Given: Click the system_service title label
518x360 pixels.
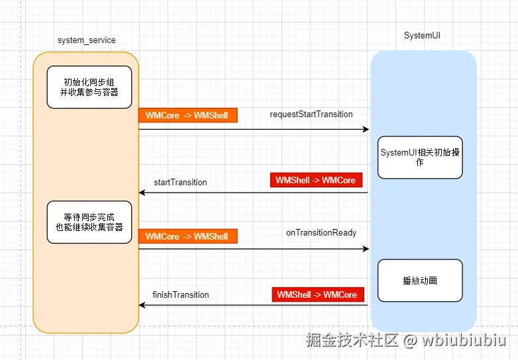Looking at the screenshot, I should coord(86,40).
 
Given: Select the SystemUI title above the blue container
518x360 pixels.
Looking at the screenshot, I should coord(422,35).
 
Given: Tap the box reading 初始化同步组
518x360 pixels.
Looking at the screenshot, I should coord(89,87).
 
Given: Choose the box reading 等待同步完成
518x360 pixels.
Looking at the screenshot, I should coord(89,222).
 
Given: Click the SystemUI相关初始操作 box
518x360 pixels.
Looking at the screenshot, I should coord(420,157).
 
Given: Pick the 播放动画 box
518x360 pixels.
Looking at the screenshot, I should coord(420,281).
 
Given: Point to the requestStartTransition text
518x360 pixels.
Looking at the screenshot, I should coord(311,114).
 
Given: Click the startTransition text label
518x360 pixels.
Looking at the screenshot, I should coord(180,182).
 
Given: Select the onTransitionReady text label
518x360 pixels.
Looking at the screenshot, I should coord(321,233).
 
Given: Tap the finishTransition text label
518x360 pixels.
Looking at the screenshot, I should coord(181,295).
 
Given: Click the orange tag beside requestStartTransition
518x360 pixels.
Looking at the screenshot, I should coord(187,116).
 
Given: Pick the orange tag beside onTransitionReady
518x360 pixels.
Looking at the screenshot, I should coord(187,236).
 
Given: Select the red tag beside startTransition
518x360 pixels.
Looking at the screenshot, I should coord(316,180).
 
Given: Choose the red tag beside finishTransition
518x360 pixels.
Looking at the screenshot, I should coord(317,294).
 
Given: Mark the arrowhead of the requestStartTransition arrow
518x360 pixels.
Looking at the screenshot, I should coord(366,129).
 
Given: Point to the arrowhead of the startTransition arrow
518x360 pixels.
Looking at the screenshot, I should coord(142,193).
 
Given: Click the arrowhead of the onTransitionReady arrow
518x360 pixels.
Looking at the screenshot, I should coord(366,249).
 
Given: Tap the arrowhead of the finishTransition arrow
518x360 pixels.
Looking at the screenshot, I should coord(142,305).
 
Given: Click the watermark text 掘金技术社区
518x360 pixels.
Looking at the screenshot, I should coord(352,341).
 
